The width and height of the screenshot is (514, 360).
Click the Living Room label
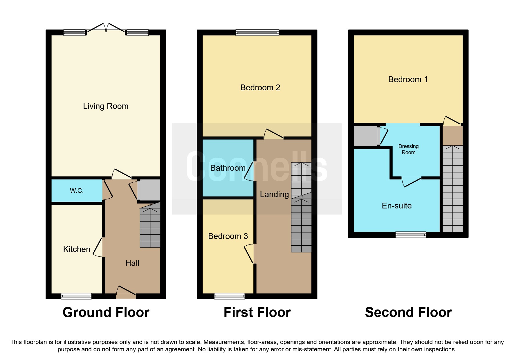point(106,106)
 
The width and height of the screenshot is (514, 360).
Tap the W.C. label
point(77,191)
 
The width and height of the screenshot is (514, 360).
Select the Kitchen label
point(77,249)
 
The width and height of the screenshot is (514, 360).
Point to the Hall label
point(132,263)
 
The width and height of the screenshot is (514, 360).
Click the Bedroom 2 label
point(260,88)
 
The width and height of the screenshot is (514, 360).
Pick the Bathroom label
point(228,168)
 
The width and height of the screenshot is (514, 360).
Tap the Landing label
point(274,195)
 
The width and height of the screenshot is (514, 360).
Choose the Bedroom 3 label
point(228,236)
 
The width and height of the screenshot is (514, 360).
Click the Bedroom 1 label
point(408,80)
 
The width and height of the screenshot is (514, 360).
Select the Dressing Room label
point(408,150)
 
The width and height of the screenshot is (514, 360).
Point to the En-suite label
point(396,206)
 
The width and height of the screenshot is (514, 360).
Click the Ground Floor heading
point(106,313)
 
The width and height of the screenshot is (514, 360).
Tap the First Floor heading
point(257,313)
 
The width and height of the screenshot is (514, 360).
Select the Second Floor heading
point(408,313)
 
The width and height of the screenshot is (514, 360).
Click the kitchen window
point(76,296)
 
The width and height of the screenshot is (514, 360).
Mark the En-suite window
point(411,235)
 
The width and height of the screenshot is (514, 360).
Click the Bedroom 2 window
point(257,33)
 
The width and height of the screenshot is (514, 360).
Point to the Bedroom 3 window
point(229,296)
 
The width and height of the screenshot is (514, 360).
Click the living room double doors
point(106,28)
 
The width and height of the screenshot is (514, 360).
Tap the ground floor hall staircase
point(150,226)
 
